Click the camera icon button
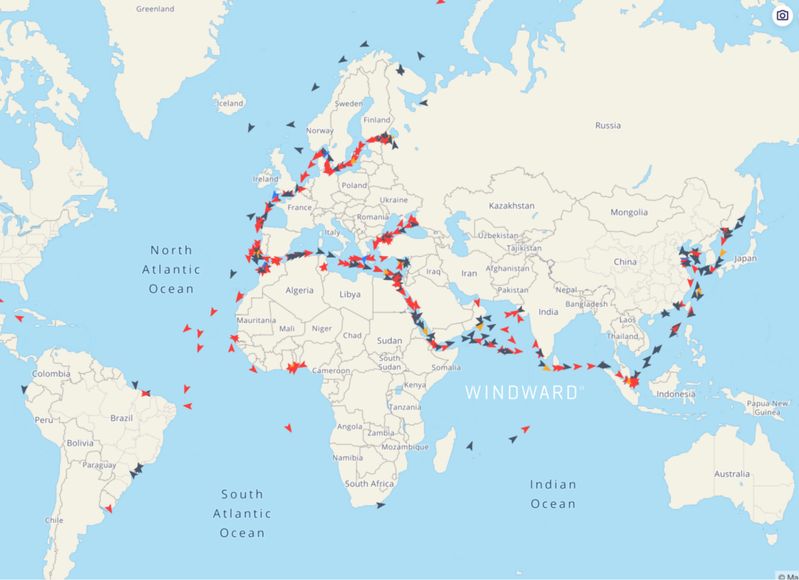point(782,16)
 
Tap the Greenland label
point(154,9)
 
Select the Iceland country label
point(230,103)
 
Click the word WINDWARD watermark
point(521,393)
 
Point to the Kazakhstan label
point(511,206)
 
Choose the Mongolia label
point(629,212)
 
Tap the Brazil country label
point(121,418)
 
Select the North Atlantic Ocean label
point(171,269)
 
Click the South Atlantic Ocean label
point(242,514)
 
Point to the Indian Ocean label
point(553,494)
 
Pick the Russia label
point(608,126)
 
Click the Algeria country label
point(299,290)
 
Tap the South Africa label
point(369,484)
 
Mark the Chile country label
point(54,520)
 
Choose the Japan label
point(746,258)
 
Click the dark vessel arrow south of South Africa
point(381,506)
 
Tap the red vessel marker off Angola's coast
point(288,427)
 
